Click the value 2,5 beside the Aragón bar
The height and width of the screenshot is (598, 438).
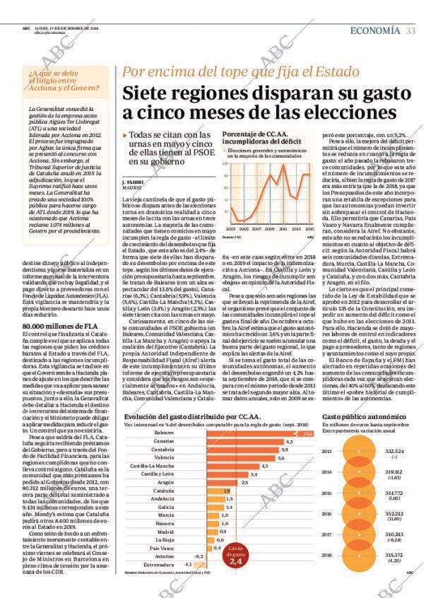click(x=244, y=482)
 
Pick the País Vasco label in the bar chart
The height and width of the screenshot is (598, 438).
click(x=162, y=548)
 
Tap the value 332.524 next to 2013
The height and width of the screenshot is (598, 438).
click(x=394, y=451)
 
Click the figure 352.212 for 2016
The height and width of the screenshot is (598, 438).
click(x=394, y=514)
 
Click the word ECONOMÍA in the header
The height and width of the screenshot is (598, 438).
click(x=374, y=29)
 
